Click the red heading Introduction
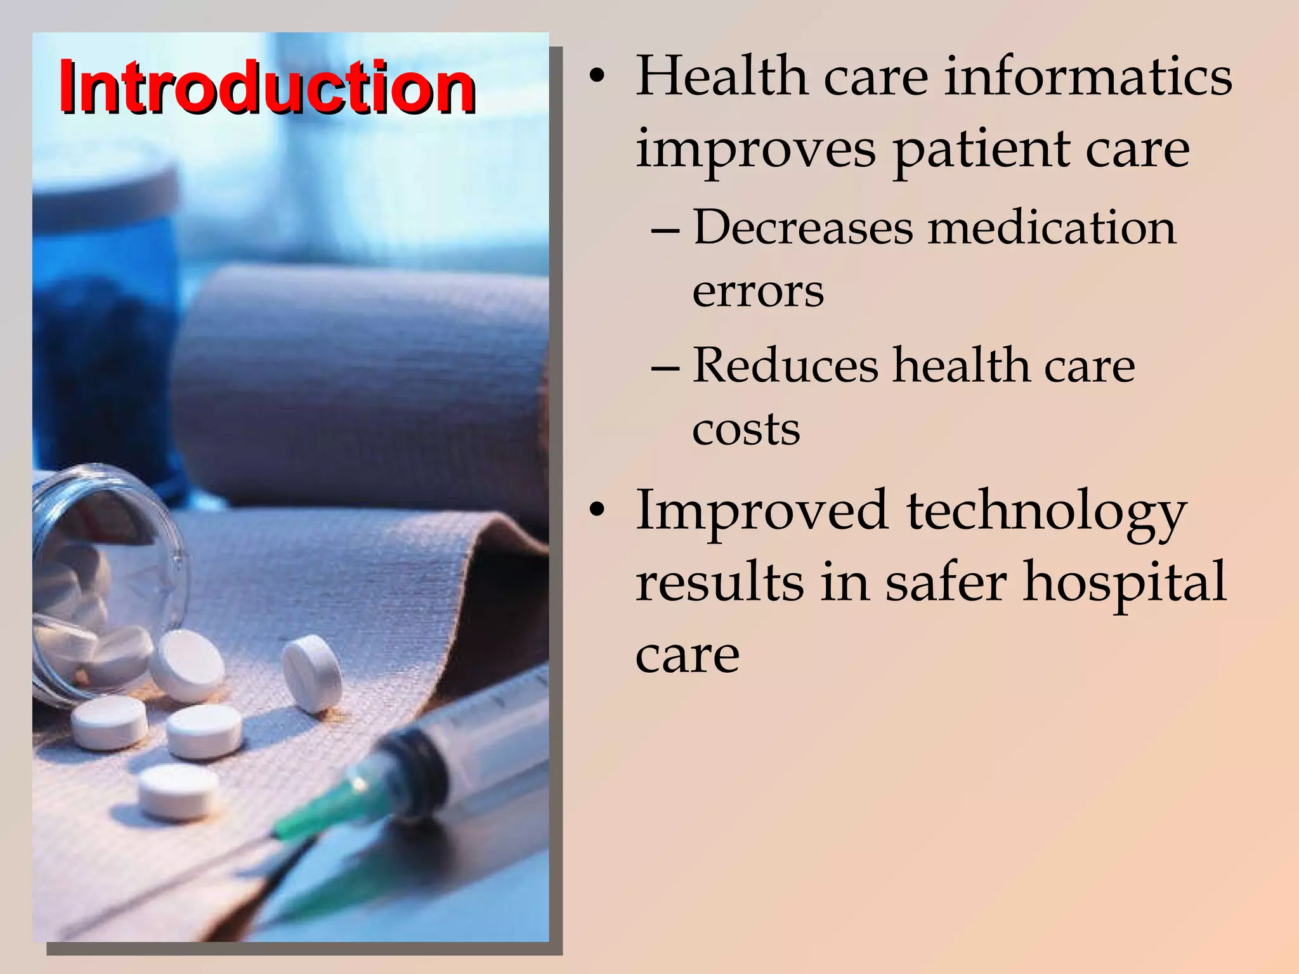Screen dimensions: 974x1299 pos(267,86)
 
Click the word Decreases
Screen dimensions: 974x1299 pos(803,227)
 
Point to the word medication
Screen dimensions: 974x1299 pos(1052,227)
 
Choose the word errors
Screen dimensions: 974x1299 pos(758,291)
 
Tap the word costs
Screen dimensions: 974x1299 pos(746,429)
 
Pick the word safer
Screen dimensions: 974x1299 pos(946,582)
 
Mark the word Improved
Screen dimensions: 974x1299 pos(762,510)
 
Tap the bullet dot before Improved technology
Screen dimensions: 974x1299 pos(596,510)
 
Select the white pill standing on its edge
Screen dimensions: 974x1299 pos(311,673)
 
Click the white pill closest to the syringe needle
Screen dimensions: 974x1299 pos(180,791)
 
